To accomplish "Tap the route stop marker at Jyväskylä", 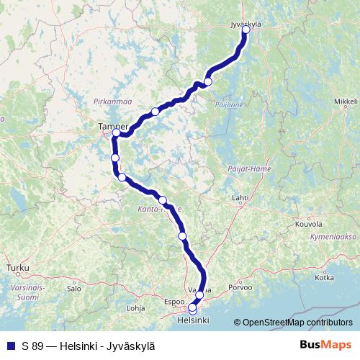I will (x=246, y=30).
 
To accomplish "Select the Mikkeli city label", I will (x=346, y=103).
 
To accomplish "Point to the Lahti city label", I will (x=240, y=197).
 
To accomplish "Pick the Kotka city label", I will (x=325, y=277).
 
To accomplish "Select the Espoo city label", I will (x=174, y=302).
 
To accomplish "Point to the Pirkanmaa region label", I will (x=110, y=102).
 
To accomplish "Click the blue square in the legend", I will (x=11, y=345).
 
